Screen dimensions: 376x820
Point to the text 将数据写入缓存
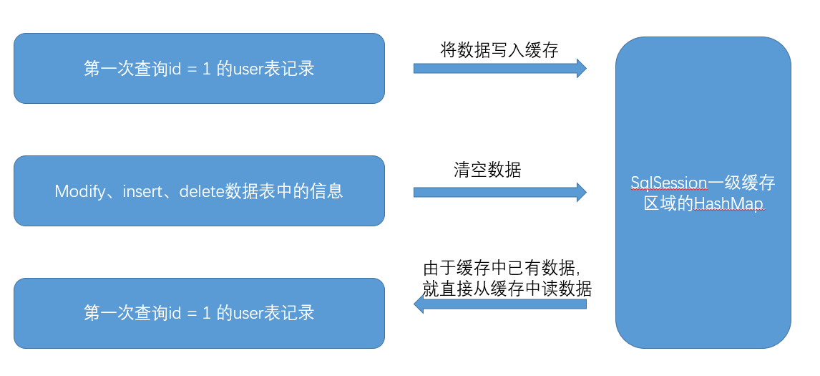(499, 49)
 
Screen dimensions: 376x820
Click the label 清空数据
(487, 170)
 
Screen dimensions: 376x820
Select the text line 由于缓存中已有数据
(502, 269)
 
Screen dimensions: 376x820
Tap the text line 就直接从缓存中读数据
(507, 289)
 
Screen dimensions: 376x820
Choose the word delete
(202, 191)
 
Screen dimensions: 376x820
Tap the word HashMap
(728, 204)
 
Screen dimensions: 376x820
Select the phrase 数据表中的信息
(283, 191)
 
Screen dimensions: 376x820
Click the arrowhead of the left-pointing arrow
(419, 305)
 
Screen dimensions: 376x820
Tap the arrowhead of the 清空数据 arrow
(581, 192)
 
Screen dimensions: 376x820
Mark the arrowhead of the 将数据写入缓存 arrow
(581, 68)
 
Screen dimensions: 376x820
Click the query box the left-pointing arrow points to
(199, 313)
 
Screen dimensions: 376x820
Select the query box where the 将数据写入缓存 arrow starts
(199, 69)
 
